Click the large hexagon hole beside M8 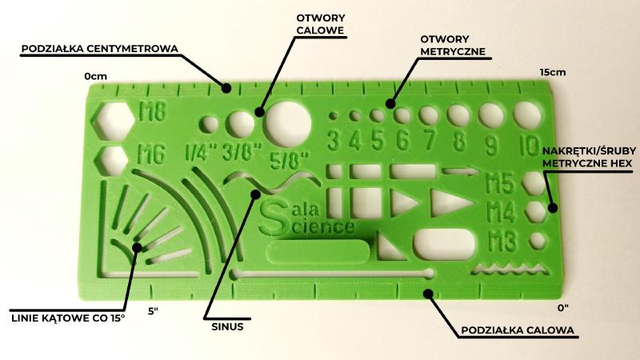113,121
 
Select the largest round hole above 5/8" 289,124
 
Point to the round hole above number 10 527,115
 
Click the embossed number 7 430,139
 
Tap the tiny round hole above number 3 333,116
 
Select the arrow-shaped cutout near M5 461,171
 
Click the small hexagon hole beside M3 538,241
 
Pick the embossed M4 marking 502,212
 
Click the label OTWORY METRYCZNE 453,46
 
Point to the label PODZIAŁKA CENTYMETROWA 100,49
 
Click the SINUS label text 227,326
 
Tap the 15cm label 553,72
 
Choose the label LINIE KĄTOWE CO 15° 68,318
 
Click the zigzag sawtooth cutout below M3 510,269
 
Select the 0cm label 95,76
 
